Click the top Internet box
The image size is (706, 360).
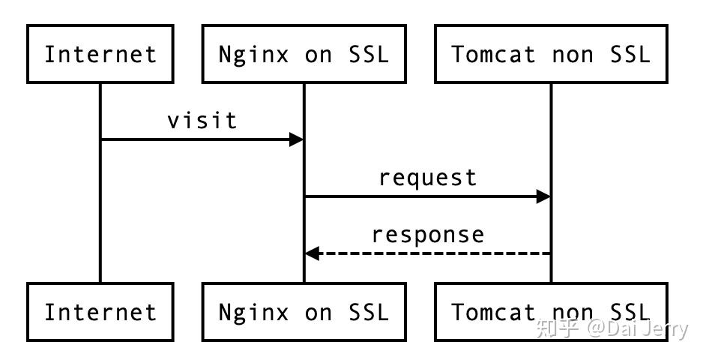point(100,54)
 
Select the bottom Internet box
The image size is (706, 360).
point(100,312)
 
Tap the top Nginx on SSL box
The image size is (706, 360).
point(304,54)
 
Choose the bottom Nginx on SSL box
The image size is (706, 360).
point(304,312)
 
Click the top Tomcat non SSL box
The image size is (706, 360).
point(551,54)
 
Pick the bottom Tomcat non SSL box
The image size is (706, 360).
point(551,312)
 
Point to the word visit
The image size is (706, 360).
point(202,121)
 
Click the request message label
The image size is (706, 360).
point(427,178)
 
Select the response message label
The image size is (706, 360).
point(427,235)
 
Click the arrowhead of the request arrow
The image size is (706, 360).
point(543,196)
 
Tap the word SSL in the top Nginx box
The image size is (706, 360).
point(369,54)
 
